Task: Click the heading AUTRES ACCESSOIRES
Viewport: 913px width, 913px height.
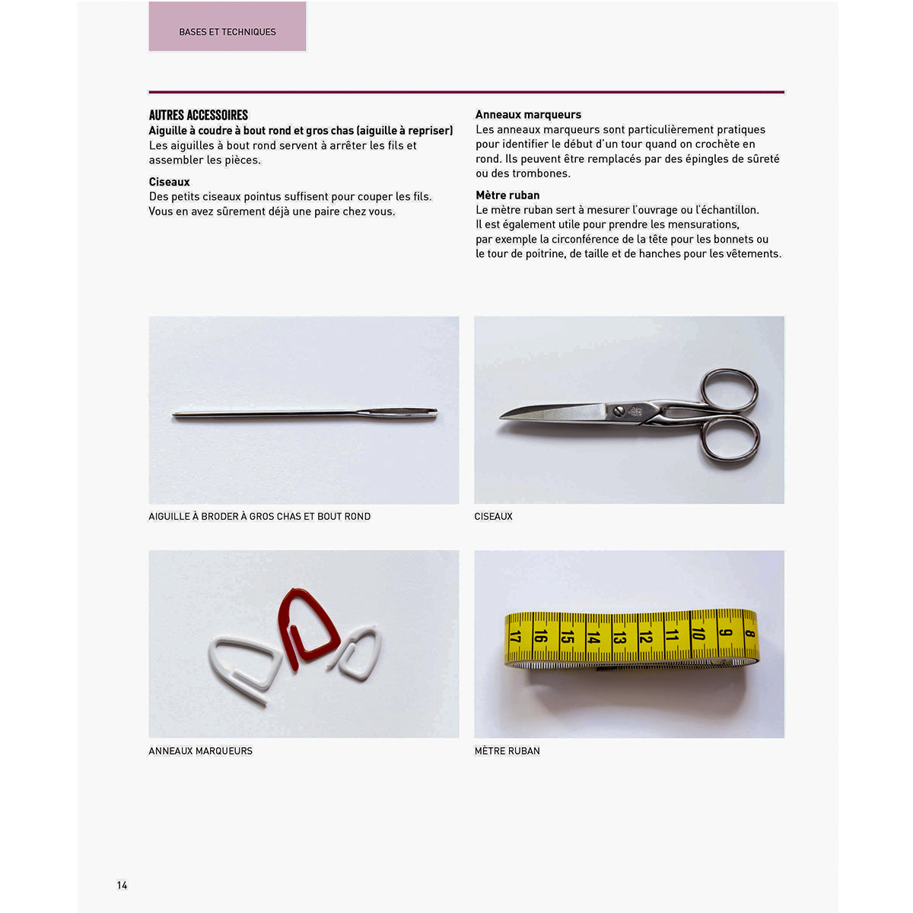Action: (x=199, y=116)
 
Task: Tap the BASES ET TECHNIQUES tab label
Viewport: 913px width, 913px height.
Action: (x=227, y=32)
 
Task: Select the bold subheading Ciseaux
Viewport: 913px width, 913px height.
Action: (x=170, y=182)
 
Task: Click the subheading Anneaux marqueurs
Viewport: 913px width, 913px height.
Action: (x=528, y=115)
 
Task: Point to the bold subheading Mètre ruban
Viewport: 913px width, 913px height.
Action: (x=507, y=195)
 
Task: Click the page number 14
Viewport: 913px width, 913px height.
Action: (x=122, y=885)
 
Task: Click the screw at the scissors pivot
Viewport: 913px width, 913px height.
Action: (x=618, y=411)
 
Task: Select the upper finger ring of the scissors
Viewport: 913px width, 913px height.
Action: (x=729, y=389)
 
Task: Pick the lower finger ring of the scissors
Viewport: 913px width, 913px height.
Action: (x=730, y=439)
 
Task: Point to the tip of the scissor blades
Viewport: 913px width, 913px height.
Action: (x=503, y=417)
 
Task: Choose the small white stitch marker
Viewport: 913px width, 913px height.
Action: (x=359, y=653)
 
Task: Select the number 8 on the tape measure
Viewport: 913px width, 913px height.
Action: (x=749, y=633)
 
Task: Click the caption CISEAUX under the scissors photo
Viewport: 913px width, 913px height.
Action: (x=494, y=517)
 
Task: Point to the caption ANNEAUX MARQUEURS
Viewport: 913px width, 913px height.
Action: (x=201, y=751)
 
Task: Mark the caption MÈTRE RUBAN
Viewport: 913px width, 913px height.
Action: (x=507, y=751)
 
